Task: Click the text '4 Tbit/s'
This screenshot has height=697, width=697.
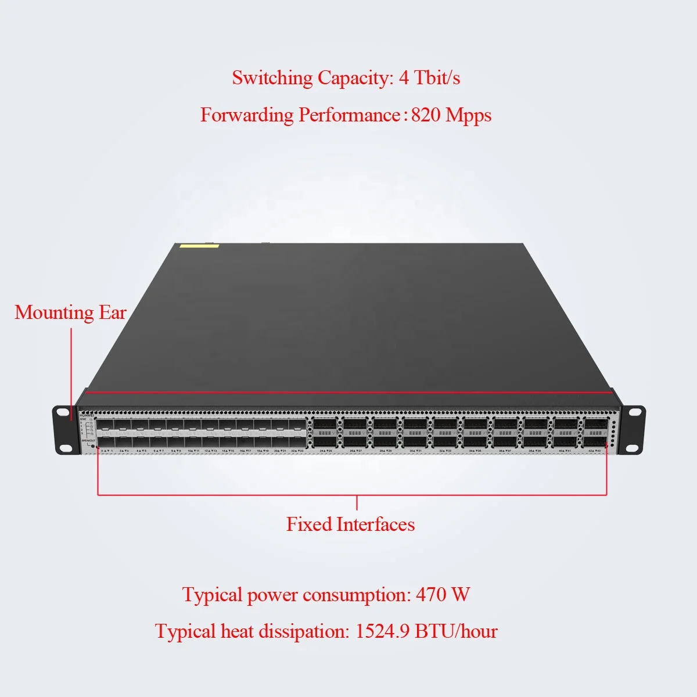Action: pos(429,78)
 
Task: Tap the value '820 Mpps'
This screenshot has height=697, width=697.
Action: pos(451,115)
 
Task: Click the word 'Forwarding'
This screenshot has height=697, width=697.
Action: pos(247,115)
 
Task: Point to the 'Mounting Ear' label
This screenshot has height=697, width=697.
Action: pos(70,312)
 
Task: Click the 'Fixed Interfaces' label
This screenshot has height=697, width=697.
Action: pos(350,524)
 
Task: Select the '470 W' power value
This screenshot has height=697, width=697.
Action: pos(443,595)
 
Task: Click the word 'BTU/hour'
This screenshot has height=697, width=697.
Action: pos(456,631)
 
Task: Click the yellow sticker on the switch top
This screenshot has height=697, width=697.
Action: pos(199,246)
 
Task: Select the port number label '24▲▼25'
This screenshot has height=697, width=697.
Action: pos(326,451)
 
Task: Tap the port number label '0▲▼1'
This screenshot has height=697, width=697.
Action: pos(106,451)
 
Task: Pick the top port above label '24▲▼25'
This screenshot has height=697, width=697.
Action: pos(325,424)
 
